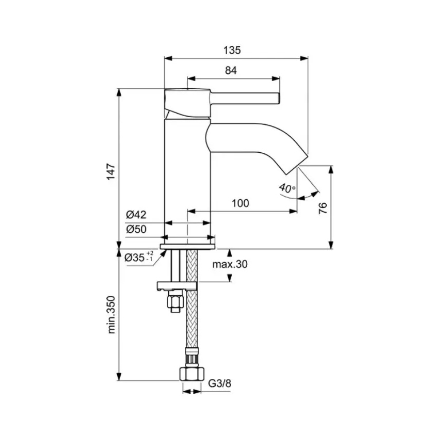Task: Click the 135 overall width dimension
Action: point(232,51)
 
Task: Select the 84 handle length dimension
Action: point(231,72)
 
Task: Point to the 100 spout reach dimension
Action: point(240,203)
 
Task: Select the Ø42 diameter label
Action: point(136,214)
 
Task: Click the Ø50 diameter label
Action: point(136,230)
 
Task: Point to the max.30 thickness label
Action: point(231,265)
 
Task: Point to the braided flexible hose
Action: point(191,320)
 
